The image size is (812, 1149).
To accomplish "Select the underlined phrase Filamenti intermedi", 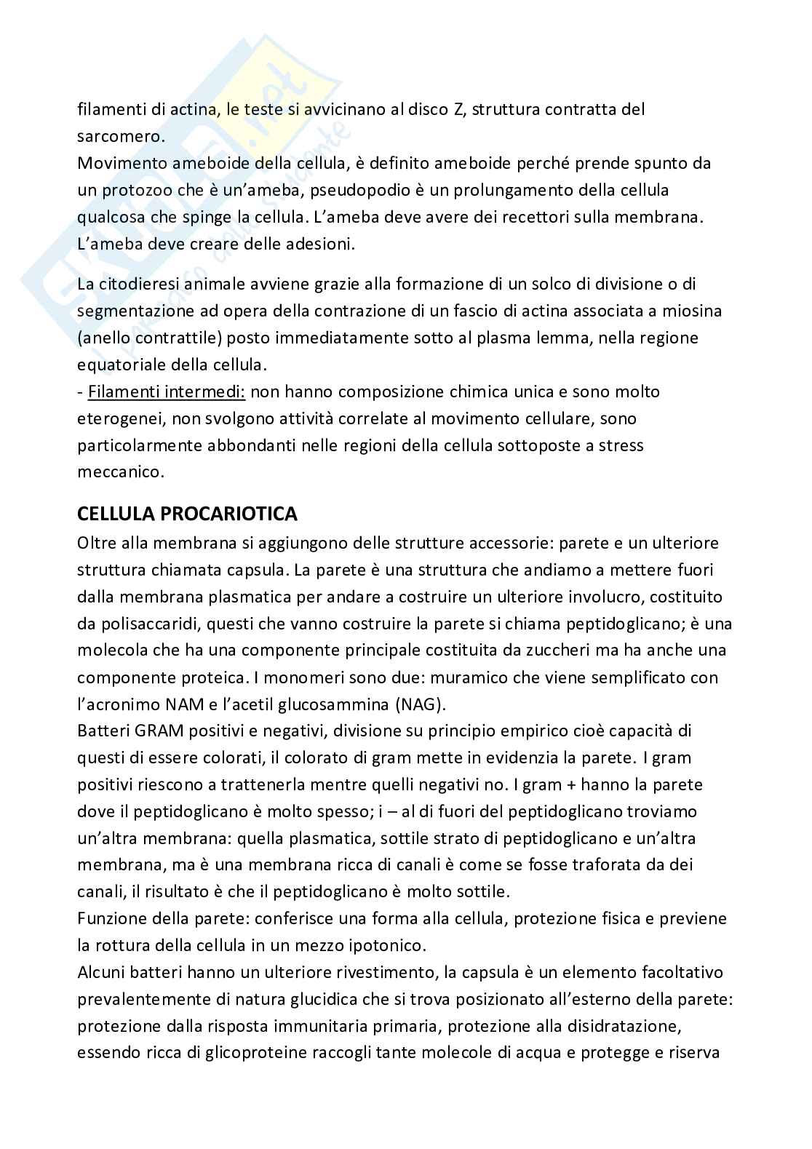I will click(x=167, y=392).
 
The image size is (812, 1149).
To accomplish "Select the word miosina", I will click(x=672, y=311).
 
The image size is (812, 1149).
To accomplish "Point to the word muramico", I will click(x=463, y=677).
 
